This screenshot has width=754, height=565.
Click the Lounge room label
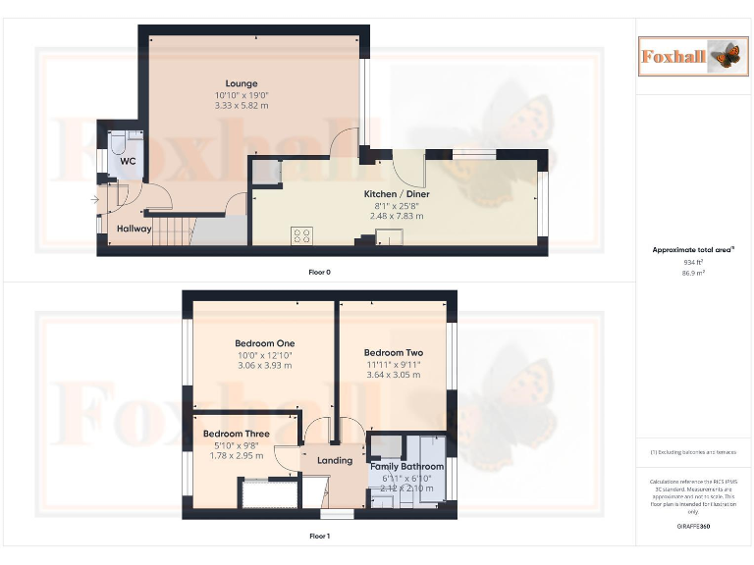[x=242, y=83]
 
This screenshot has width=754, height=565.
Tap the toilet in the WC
[x=116, y=149]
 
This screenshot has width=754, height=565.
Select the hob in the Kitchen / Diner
[x=302, y=235]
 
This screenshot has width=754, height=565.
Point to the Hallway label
[x=134, y=229]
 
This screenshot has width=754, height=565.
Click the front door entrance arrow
[x=94, y=199]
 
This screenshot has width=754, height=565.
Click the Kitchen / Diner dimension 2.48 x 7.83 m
[x=397, y=215]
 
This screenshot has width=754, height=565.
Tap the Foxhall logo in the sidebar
[x=687, y=56]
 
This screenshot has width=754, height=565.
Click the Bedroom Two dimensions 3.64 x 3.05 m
[x=393, y=374]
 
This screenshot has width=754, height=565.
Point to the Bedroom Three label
[x=236, y=434]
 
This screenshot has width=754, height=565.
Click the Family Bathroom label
[x=406, y=467]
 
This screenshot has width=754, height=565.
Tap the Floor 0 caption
[x=319, y=272]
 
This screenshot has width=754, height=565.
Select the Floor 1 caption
[x=319, y=537]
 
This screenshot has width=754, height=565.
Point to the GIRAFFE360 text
[x=694, y=527]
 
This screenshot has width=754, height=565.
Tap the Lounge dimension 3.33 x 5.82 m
[x=242, y=105]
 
